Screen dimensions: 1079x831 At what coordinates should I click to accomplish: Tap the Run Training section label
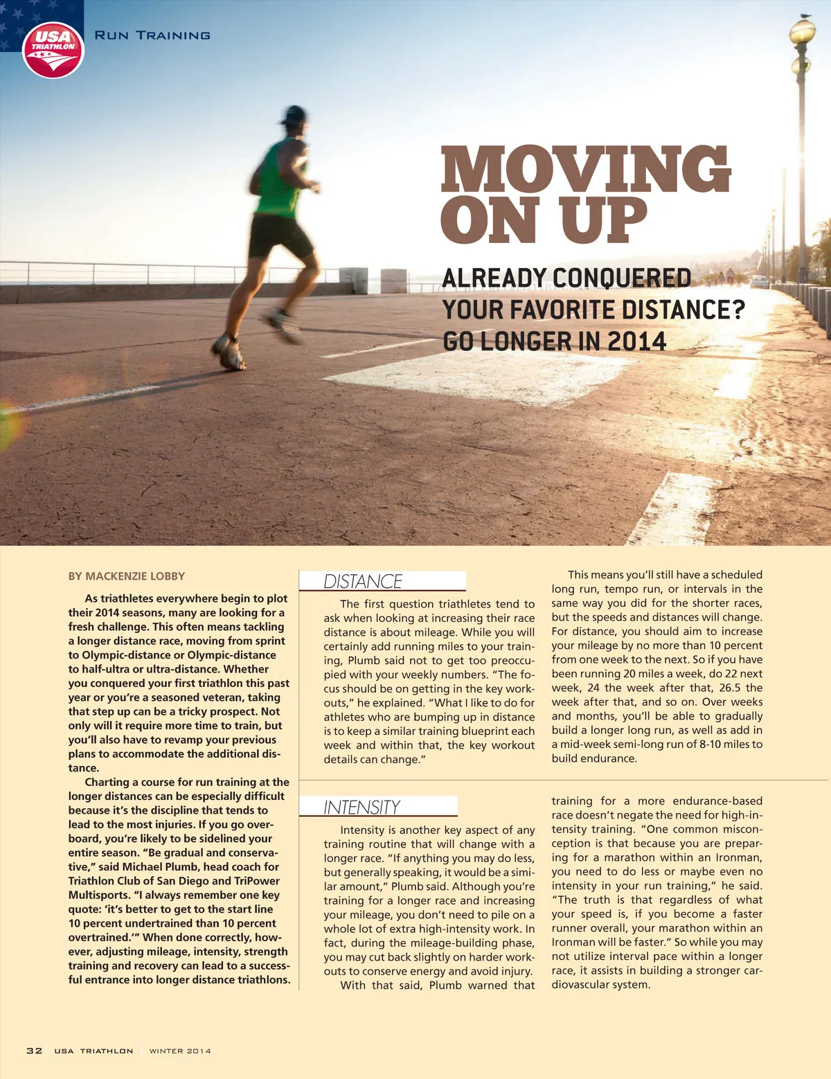152,35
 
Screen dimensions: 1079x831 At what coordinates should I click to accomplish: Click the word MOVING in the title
586,169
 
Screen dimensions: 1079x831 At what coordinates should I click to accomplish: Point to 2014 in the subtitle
636,341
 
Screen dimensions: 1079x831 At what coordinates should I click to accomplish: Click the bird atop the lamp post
804,15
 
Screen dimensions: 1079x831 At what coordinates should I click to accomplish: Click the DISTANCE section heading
363,582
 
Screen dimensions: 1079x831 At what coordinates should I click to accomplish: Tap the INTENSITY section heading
361,808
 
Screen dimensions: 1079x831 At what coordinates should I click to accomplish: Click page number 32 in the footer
34,1051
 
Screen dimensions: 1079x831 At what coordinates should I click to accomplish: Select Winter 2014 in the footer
180,1051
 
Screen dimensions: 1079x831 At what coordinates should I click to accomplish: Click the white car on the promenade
759,282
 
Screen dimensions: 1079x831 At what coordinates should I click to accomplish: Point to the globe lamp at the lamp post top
802,31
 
